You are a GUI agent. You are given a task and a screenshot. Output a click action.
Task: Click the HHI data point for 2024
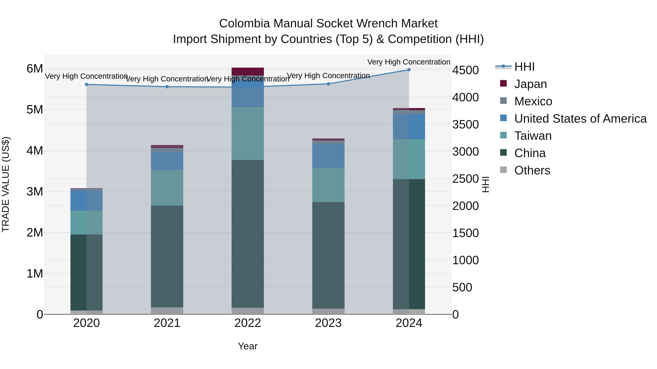coord(409,70)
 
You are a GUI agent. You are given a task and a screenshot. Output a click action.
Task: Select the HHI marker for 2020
coord(87,85)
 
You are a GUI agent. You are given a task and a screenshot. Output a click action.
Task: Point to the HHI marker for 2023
coord(328,84)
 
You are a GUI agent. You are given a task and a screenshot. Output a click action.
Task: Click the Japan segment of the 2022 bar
coord(247,71)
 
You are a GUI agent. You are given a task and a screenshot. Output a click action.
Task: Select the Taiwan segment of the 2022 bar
coord(247,133)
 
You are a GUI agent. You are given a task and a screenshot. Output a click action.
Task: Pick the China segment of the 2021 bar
coord(167,256)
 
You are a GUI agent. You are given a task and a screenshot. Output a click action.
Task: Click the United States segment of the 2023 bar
coord(328,156)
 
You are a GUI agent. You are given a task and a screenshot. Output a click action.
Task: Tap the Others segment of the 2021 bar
coord(167,311)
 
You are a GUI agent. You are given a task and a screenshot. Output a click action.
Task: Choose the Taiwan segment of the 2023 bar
coord(328,185)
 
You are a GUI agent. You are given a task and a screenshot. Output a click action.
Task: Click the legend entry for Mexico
coord(533,101)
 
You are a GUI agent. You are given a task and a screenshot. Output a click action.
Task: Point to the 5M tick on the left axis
coord(35,110)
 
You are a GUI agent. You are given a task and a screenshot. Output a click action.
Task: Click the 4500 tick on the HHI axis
coord(465,70)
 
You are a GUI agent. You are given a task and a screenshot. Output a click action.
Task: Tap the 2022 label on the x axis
coord(247,323)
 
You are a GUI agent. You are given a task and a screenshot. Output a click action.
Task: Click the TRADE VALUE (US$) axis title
coord(6,184)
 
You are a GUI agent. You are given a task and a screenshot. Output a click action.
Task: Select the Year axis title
coord(247,346)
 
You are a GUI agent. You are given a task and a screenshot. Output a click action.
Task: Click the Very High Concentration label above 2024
coord(409,62)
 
